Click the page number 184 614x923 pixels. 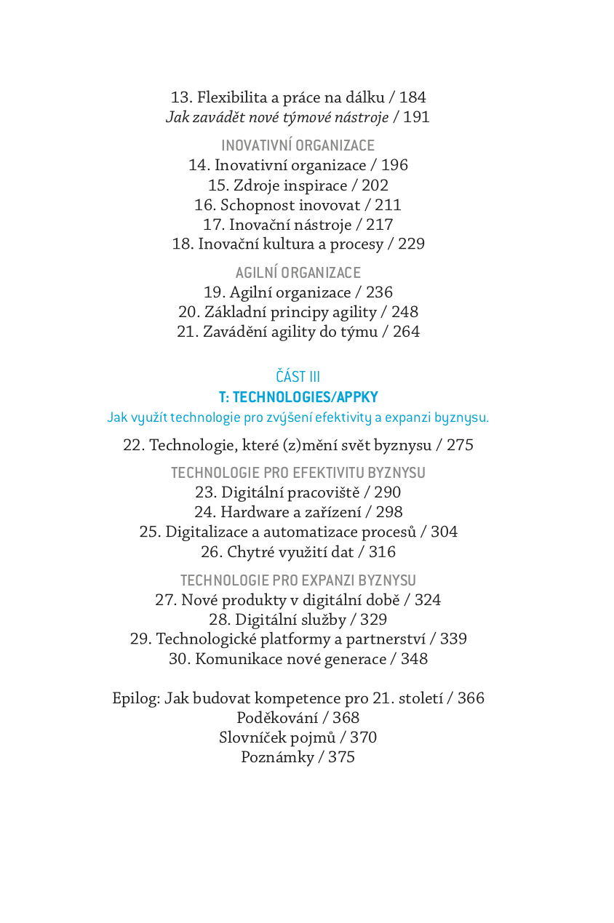pos(412,97)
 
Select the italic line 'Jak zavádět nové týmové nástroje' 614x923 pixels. pos(277,117)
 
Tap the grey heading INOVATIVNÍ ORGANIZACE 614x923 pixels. pos(298,145)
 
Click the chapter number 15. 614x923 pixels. pos(218,185)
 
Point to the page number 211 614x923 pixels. pos(388,205)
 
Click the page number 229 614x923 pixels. pos(411,244)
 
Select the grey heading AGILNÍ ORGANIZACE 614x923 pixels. pos(298,273)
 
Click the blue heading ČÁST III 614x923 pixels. pos(298,377)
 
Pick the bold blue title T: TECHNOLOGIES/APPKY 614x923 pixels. pos(298,397)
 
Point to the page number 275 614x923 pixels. pos(460,445)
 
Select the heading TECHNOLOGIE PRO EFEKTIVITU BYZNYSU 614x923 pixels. pos(298,473)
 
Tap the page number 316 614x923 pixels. pos(382,552)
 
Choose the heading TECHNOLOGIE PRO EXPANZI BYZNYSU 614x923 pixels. pos(298,580)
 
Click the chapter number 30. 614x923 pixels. pos(179,659)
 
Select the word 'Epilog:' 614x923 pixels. pos(136,698)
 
